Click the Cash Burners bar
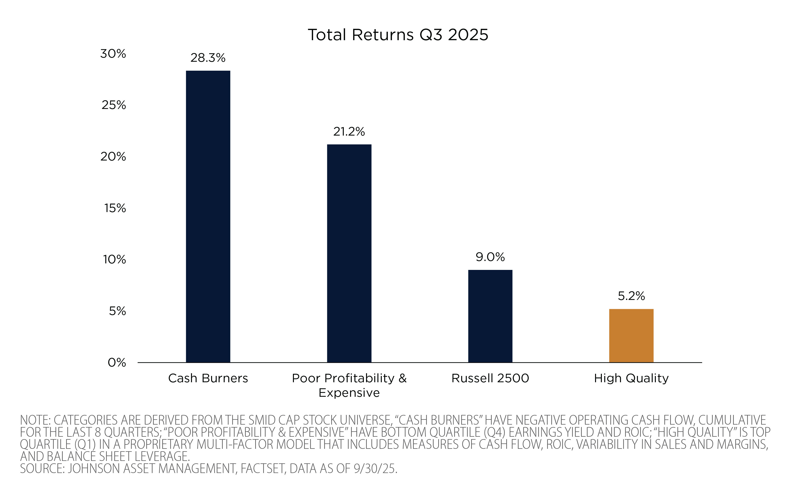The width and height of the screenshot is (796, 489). (x=208, y=216)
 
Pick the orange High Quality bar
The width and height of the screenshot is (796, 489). (x=631, y=336)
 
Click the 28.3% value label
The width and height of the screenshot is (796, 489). (x=208, y=58)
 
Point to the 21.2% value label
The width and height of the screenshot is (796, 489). (x=349, y=132)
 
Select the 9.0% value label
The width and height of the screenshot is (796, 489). (x=490, y=257)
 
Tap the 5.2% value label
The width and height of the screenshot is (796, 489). (x=631, y=296)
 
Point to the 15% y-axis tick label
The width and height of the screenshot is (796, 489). (x=115, y=208)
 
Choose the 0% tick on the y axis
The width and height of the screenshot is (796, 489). (x=117, y=363)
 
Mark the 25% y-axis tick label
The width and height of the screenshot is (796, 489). (x=114, y=105)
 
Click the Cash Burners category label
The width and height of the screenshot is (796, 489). (x=208, y=378)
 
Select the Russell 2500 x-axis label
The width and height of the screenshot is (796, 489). (x=490, y=378)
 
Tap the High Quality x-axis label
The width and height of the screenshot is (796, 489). (x=631, y=378)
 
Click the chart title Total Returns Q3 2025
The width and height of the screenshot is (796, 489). (x=398, y=35)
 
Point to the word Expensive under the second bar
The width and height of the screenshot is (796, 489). (x=349, y=393)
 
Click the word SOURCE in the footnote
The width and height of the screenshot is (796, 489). (x=42, y=469)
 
